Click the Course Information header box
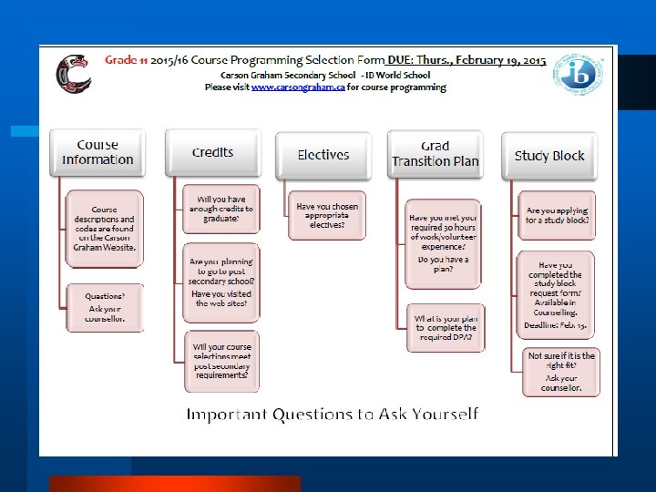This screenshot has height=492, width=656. (97, 153)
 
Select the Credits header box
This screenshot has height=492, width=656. (212, 153)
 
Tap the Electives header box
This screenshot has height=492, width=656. (323, 156)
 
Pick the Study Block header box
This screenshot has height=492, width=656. (548, 156)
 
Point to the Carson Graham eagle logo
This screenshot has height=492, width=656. (74, 75)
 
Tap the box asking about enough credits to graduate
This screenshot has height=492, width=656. (220, 209)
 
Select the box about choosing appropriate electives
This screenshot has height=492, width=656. (327, 215)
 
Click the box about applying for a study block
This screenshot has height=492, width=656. (557, 215)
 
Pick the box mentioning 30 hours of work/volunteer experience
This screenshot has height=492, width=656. (443, 241)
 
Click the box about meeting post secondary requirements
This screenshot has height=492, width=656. (220, 361)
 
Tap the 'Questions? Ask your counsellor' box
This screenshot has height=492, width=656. (105, 308)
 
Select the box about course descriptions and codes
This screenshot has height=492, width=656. (105, 229)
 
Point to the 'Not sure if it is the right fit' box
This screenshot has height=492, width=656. (561, 372)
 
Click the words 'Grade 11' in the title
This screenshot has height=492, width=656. (126, 60)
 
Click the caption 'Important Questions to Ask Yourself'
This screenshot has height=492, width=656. (332, 415)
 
